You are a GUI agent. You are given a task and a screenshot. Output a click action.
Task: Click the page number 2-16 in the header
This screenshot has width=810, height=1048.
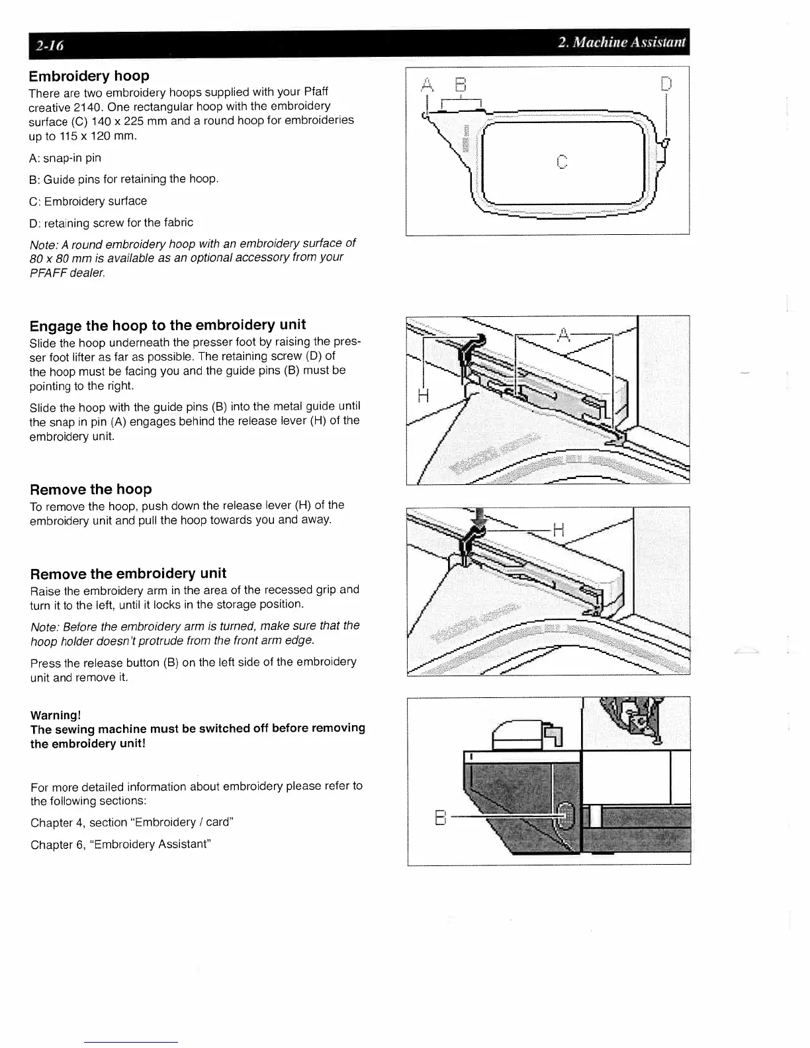tap(50, 46)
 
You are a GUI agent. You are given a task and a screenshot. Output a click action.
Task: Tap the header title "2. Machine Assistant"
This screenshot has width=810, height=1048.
tap(622, 44)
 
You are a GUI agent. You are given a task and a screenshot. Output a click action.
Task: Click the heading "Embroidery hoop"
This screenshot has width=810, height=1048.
tap(89, 76)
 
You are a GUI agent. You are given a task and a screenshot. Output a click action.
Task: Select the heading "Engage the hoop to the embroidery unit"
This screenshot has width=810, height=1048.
tap(167, 325)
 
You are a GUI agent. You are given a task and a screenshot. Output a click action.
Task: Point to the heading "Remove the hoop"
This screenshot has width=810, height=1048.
tap(91, 490)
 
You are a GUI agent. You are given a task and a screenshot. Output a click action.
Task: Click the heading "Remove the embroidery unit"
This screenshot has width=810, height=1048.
tap(128, 574)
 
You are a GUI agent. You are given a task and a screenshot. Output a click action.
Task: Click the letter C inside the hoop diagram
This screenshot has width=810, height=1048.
tap(561, 161)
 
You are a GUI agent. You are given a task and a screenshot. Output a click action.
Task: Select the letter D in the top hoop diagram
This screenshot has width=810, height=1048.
tap(666, 85)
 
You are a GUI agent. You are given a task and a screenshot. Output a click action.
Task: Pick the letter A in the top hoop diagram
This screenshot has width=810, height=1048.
tap(427, 85)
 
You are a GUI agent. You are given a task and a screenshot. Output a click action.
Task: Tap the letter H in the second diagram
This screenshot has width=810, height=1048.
tap(424, 396)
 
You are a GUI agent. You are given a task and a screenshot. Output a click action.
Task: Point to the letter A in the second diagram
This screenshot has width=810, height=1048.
tap(563, 335)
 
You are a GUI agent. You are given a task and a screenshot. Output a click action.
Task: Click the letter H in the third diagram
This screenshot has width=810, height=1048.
tap(559, 529)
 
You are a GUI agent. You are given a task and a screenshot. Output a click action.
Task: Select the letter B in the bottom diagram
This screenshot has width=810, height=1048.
tap(438, 819)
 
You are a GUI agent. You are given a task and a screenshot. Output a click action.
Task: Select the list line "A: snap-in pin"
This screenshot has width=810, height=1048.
tap(66, 158)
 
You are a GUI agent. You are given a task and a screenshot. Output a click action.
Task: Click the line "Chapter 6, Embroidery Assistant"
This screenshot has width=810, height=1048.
tap(120, 844)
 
